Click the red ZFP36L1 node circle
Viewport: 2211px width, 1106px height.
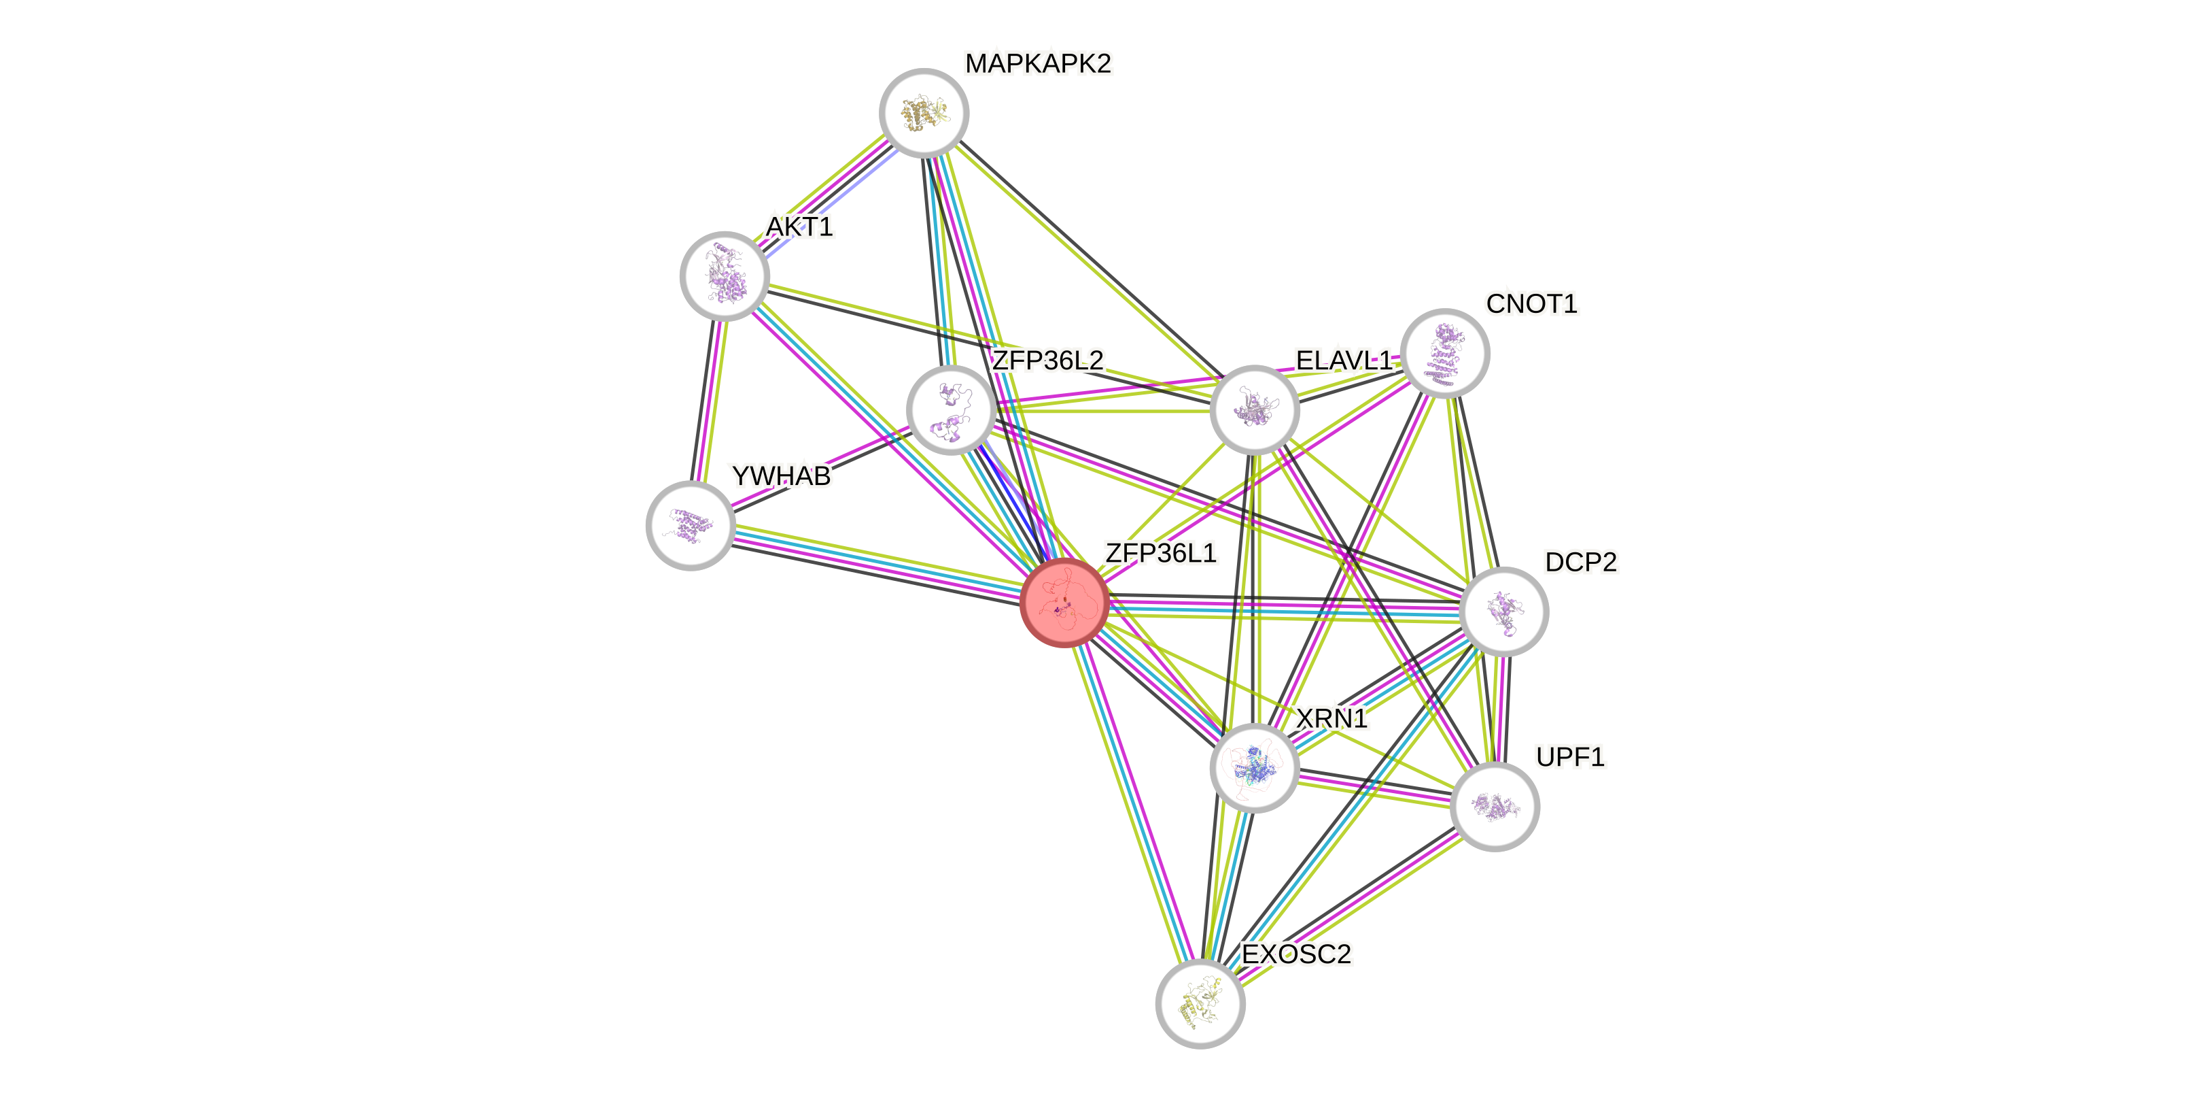1064,602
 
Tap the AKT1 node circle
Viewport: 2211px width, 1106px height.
725,276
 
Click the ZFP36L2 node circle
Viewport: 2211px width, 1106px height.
951,409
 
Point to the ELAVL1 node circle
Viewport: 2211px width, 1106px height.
1254,409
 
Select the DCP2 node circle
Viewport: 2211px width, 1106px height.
1503,611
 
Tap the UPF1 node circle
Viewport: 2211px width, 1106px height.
1495,806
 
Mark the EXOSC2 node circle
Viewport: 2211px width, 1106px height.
1200,1004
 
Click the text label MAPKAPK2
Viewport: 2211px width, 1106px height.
1038,63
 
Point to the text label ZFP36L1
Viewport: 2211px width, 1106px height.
1160,553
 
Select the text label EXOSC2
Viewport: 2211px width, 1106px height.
1296,954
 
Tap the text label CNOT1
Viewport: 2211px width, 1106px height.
1531,304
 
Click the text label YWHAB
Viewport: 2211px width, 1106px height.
780,475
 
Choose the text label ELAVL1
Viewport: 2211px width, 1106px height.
1343,361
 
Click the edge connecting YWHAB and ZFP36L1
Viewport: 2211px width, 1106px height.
875,563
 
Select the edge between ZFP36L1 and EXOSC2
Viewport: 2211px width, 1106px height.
1133,807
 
